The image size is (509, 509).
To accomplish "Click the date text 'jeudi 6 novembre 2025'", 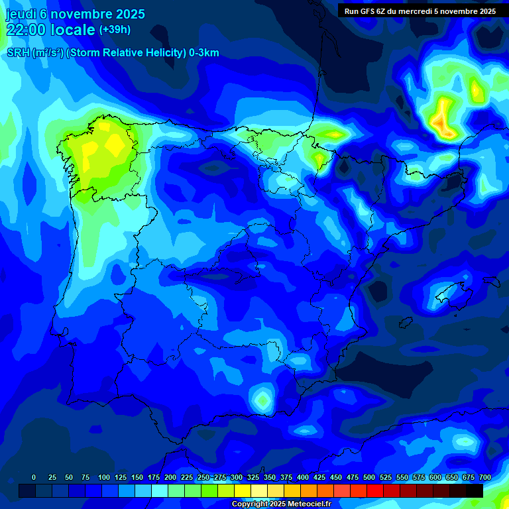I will (x=75, y=14).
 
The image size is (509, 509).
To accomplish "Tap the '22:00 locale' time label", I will (x=51, y=30).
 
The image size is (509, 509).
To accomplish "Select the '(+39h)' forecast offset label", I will (x=115, y=30).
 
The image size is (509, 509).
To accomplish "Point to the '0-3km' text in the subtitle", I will (x=204, y=53).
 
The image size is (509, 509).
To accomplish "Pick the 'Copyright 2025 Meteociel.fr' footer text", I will (x=280, y=504).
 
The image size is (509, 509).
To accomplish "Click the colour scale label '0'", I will (x=34, y=477).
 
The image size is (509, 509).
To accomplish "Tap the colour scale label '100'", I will (x=104, y=477).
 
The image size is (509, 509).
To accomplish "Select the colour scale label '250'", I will (x=203, y=477).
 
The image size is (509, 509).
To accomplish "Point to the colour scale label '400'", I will (x=303, y=477).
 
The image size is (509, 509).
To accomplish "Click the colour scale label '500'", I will (x=369, y=477).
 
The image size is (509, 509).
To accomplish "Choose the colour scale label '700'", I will (x=484, y=477).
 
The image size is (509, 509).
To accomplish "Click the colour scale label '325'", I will (x=253, y=477).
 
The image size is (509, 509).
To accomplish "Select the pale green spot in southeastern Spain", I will (x=263, y=400).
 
